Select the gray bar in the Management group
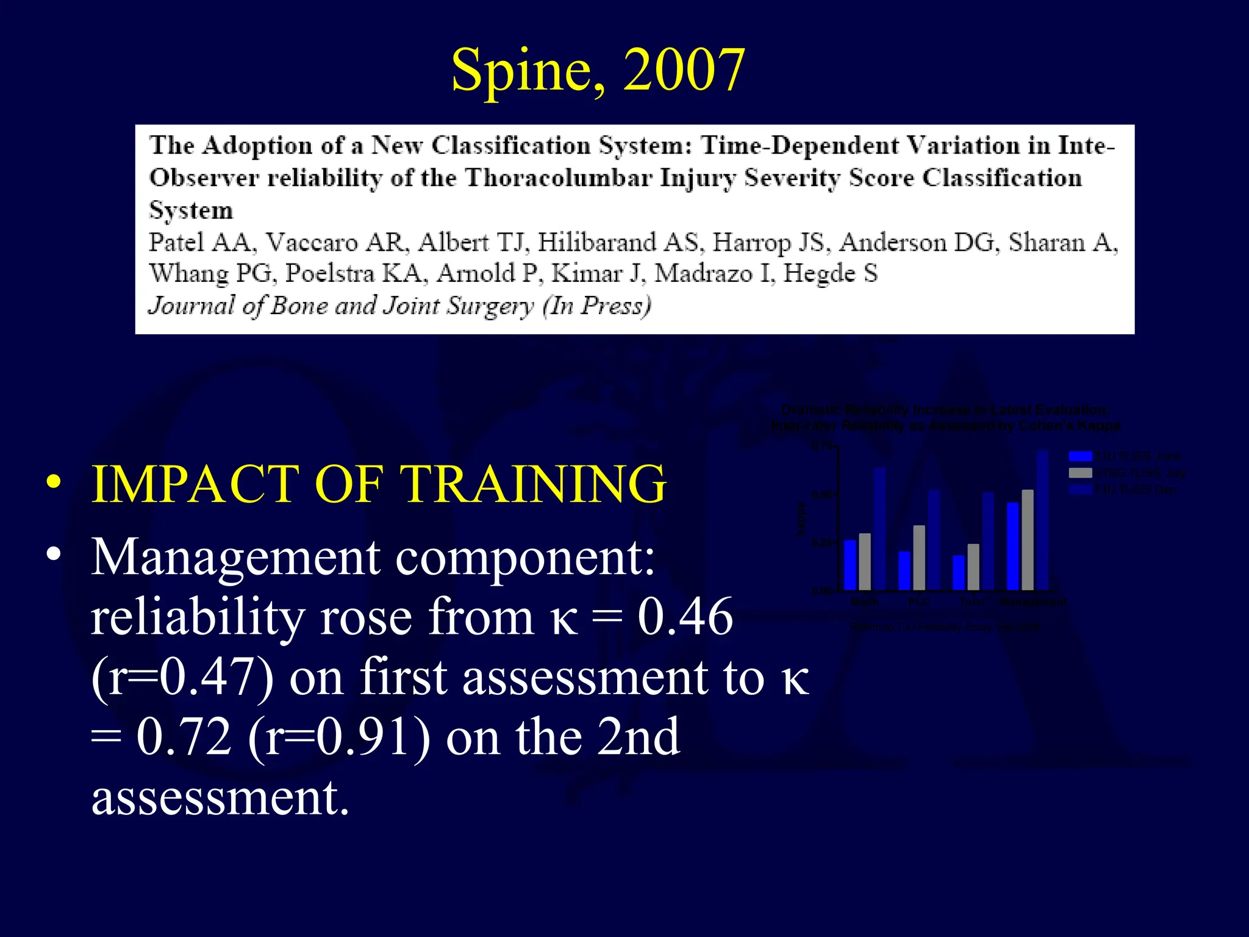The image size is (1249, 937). [1028, 540]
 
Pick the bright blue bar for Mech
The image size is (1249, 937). [850, 565]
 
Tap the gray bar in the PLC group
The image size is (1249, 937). [919, 558]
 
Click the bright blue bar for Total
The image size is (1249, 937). [959, 572]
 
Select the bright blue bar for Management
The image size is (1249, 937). [1013, 546]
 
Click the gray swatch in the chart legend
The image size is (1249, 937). [1080, 473]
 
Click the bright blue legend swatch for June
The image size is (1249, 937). [1080, 456]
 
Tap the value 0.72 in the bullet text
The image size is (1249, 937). [184, 736]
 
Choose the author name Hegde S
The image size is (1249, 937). [830, 273]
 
